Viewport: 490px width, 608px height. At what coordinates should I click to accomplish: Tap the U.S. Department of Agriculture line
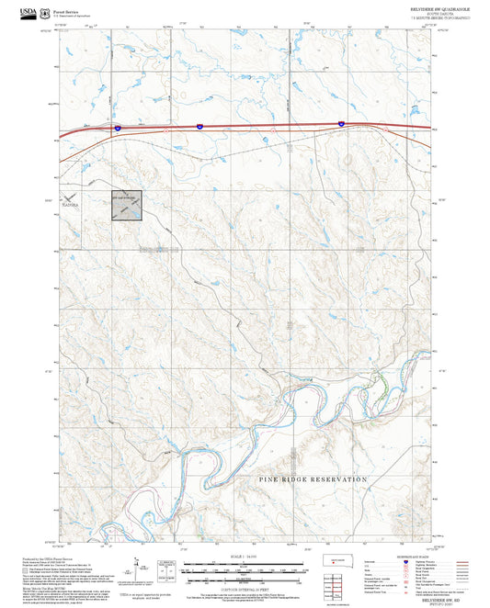[x=74, y=13]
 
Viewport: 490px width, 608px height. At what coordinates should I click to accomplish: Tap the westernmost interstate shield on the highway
[x=118, y=128]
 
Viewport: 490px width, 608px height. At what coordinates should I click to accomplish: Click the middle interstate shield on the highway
[x=199, y=124]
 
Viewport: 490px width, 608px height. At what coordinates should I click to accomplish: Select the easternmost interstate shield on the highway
[x=341, y=122]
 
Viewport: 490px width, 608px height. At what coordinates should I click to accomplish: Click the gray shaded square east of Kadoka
[x=127, y=206]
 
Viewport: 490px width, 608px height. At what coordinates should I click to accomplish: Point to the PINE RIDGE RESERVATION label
[x=313, y=479]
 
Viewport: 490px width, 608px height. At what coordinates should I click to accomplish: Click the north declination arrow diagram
[x=137, y=568]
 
